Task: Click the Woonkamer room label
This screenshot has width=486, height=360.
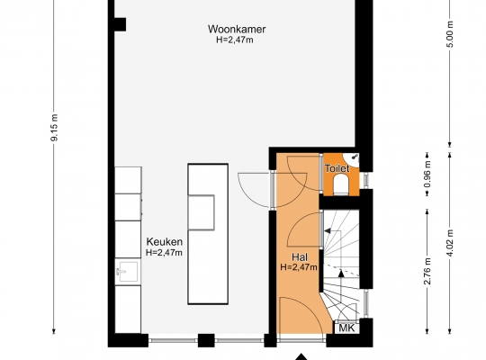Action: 237,29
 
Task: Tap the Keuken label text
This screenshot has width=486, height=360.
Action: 165,241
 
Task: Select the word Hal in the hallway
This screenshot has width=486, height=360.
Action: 300,257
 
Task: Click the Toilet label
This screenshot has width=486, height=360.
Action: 337,168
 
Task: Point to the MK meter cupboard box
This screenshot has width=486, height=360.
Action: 346,328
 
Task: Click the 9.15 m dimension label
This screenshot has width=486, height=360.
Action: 54,128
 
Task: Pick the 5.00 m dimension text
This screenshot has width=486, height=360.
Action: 450,34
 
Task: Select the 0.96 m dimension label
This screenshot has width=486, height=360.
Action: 427,175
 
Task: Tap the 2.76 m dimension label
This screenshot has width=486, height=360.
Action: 427,271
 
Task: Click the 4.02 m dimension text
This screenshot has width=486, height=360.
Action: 450,243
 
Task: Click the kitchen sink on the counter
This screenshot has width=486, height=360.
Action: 127,272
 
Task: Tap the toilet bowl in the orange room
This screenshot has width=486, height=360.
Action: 341,184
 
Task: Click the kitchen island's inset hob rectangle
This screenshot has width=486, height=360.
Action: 202,212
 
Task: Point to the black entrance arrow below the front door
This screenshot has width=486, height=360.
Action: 301,356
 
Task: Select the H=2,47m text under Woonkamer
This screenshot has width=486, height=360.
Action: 235,40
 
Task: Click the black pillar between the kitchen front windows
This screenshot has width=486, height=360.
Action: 206,340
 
